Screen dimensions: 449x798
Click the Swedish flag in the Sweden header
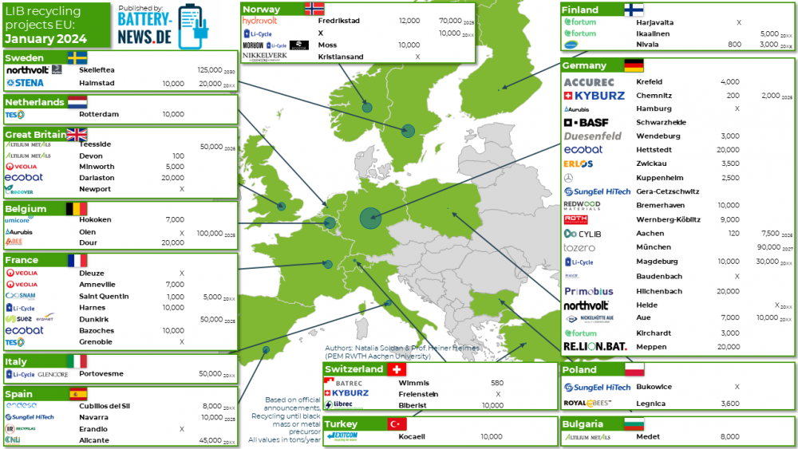(x=77, y=58)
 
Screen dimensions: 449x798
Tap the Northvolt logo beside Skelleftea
(x=28, y=70)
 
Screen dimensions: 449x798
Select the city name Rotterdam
(x=99, y=114)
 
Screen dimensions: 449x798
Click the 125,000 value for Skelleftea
(x=209, y=70)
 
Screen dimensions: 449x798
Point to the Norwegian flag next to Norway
(x=314, y=9)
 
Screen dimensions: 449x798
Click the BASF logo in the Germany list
(x=587, y=123)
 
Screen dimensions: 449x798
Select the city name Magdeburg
(x=657, y=262)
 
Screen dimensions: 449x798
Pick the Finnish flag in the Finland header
(x=634, y=10)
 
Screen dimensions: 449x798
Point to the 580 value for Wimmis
(x=496, y=383)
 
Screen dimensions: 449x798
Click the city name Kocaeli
(x=413, y=437)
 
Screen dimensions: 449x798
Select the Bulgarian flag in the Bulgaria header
(x=634, y=424)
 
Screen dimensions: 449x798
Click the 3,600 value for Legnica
(x=728, y=404)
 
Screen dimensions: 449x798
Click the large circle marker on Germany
(x=369, y=216)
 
